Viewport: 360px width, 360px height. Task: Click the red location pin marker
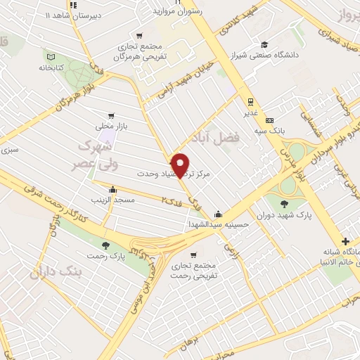(181, 165)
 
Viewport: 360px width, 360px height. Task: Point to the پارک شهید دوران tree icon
(283, 204)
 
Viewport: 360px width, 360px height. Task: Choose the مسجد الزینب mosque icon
(112, 188)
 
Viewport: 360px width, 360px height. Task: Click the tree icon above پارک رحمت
(105, 245)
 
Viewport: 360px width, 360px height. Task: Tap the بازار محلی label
(109, 127)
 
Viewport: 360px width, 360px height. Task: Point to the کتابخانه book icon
(49, 57)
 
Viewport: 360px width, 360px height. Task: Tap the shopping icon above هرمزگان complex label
(140, 35)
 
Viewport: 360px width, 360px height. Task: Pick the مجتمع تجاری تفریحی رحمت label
(194, 270)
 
